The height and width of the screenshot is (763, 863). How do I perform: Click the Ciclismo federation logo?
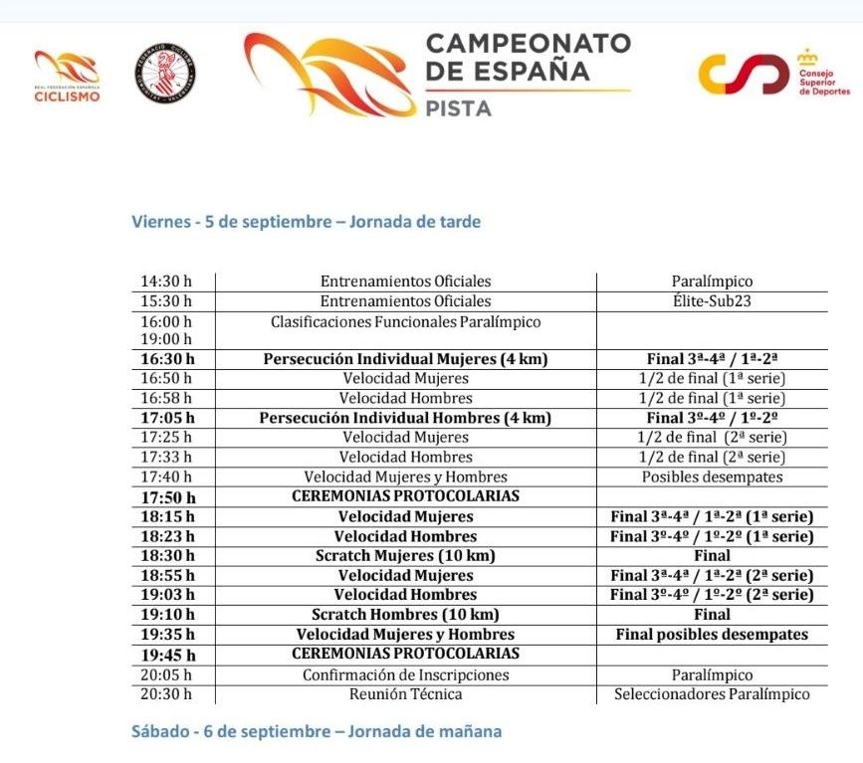click(68, 77)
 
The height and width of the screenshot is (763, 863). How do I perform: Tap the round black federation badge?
click(165, 77)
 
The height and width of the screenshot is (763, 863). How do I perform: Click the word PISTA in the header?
click(458, 108)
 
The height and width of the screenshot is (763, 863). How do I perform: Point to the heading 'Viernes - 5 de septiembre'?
click(307, 222)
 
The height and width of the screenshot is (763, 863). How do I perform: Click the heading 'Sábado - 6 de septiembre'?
click(317, 731)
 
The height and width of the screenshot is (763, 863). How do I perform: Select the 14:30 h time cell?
click(167, 282)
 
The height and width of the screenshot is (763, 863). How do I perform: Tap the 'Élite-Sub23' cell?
click(711, 300)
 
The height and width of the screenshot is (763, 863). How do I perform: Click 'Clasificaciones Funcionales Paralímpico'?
click(405, 321)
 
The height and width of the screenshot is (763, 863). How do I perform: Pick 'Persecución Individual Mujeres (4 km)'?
click(405, 359)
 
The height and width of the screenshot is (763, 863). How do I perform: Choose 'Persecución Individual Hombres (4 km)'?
click(405, 418)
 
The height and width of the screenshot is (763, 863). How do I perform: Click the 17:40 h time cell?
click(167, 477)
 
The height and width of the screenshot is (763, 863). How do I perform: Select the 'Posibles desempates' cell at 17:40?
click(712, 477)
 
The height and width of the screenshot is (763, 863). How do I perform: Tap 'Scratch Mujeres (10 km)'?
click(405, 555)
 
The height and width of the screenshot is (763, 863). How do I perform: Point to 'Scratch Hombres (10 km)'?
click(405, 615)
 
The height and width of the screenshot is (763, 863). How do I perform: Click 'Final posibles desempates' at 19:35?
click(712, 634)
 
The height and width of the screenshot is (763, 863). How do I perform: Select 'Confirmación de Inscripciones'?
click(405, 674)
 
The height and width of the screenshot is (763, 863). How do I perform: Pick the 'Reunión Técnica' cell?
click(405, 694)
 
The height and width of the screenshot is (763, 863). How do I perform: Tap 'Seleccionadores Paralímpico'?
click(712, 694)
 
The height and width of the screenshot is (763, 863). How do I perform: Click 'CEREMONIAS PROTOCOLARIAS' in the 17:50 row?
click(405, 495)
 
